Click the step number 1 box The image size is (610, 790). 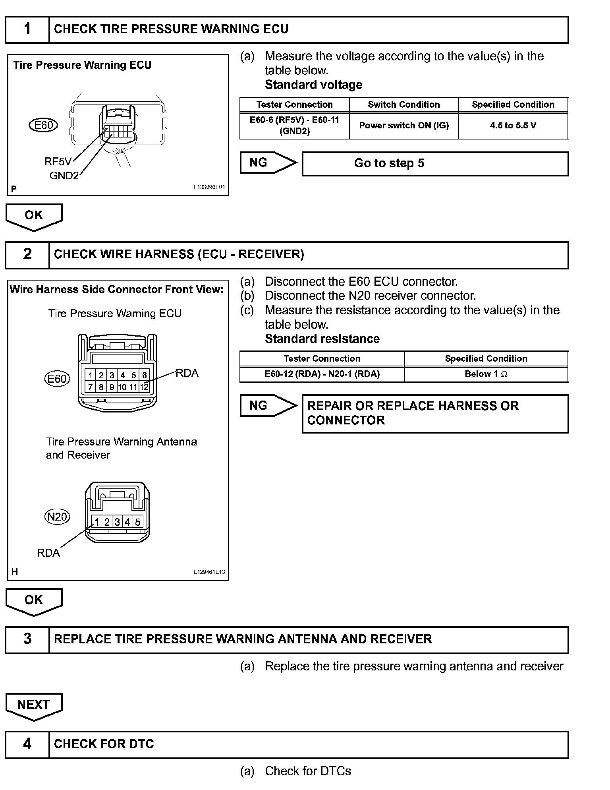(27, 29)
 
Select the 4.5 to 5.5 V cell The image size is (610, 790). (513, 126)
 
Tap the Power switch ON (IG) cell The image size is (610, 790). (403, 126)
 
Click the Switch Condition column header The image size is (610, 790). (403, 105)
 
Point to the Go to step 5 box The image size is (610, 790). (435, 163)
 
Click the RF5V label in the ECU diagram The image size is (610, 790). (58, 161)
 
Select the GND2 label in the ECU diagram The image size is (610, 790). (64, 175)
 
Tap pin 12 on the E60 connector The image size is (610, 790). (144, 387)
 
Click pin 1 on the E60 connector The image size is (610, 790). (91, 375)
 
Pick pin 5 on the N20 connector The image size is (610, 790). (137, 522)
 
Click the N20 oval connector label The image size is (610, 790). (57, 517)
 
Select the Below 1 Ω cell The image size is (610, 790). (486, 374)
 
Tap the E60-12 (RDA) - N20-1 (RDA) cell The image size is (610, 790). (322, 374)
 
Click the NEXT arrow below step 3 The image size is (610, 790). (34, 706)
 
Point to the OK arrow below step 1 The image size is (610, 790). (34, 216)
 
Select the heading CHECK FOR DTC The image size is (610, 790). (104, 744)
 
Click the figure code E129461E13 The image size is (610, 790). (209, 572)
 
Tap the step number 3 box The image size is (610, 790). (27, 639)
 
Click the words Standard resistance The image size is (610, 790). (322, 339)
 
